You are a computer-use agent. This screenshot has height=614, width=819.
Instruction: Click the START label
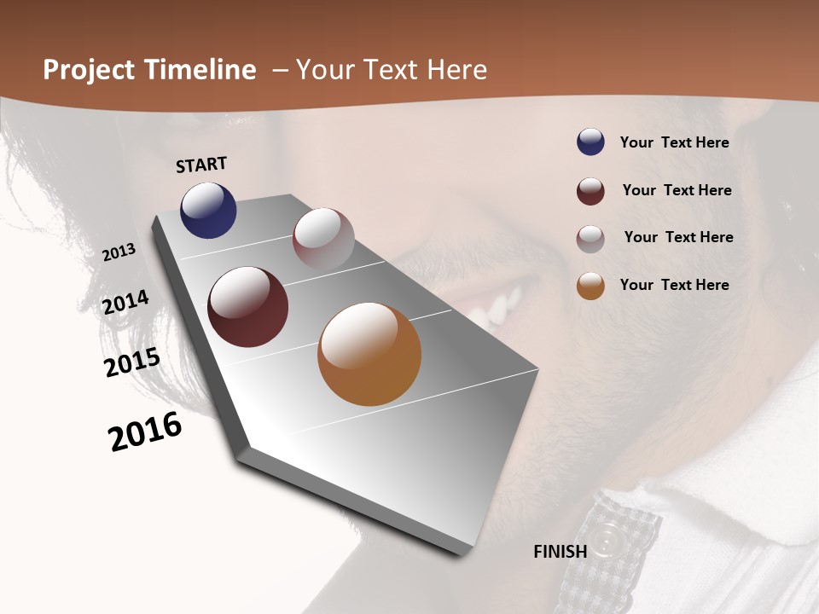(x=201, y=165)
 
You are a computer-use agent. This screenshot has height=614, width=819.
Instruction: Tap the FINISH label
(x=561, y=552)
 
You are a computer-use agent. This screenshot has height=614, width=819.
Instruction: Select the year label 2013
(x=119, y=252)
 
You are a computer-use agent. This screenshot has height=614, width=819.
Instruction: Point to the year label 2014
(x=125, y=303)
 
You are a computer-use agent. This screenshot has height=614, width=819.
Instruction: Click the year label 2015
(x=132, y=362)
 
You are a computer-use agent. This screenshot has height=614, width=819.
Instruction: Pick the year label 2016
(x=145, y=432)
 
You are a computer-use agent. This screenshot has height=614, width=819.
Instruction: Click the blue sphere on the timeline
(x=208, y=211)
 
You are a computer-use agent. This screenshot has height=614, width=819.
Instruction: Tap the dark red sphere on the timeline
(x=247, y=307)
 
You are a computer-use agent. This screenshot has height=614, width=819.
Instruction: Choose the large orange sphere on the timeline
(x=369, y=354)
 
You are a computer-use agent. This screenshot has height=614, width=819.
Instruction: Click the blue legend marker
(x=590, y=142)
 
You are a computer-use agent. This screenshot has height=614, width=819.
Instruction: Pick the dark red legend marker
(x=590, y=191)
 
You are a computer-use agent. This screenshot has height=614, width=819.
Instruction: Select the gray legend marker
(x=590, y=239)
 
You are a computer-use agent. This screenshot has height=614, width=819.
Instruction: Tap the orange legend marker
(x=590, y=286)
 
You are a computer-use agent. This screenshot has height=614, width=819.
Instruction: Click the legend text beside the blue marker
(x=674, y=142)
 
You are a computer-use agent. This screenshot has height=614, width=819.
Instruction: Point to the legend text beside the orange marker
(x=674, y=285)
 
